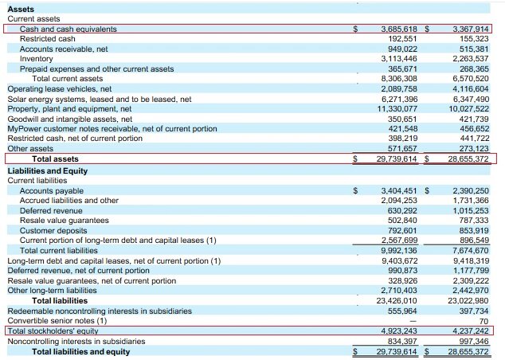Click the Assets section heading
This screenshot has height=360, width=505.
[21, 9]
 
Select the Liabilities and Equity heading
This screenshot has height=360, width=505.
[48, 171]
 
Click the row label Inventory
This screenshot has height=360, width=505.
[36, 59]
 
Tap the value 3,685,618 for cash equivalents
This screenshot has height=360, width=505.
[399, 29]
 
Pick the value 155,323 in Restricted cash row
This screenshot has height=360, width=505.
[474, 39]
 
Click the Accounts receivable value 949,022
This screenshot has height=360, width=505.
[402, 49]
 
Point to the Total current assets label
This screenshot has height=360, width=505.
[68, 79]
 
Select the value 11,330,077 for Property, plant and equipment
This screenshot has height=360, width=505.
[397, 109]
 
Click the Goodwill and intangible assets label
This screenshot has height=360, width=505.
[70, 119]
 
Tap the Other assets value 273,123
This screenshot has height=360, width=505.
[474, 148]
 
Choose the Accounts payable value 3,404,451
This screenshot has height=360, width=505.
[399, 191]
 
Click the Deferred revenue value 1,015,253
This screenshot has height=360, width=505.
[471, 210]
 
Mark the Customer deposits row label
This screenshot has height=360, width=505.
[53, 230]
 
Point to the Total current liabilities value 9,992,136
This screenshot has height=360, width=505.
[399, 251]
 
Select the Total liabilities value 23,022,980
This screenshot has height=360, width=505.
[468, 301]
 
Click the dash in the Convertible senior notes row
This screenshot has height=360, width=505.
[413, 321]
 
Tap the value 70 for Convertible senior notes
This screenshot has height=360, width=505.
[483, 321]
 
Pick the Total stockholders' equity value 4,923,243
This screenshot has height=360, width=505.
[399, 331]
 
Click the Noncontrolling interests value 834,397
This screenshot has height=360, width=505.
[402, 342]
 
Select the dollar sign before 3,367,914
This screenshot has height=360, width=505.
[427, 29]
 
